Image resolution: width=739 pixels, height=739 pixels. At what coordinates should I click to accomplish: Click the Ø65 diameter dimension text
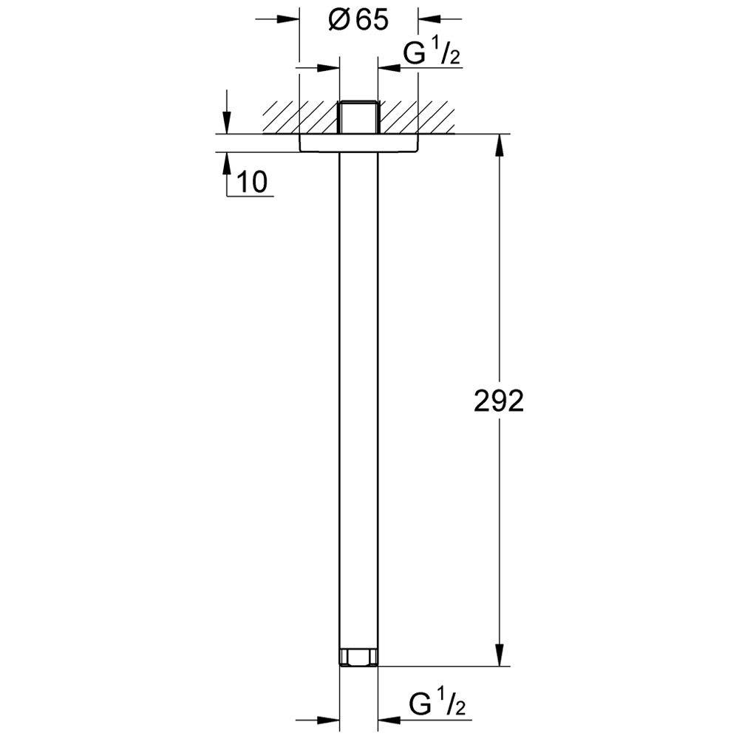click(358, 20)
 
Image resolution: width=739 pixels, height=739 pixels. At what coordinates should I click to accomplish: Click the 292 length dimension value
click(498, 401)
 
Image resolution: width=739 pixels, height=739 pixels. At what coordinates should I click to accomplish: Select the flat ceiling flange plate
click(358, 143)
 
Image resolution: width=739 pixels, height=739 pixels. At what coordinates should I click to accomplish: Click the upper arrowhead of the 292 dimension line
click(500, 145)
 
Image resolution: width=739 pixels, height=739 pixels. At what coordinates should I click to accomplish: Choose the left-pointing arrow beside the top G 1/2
click(389, 69)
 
